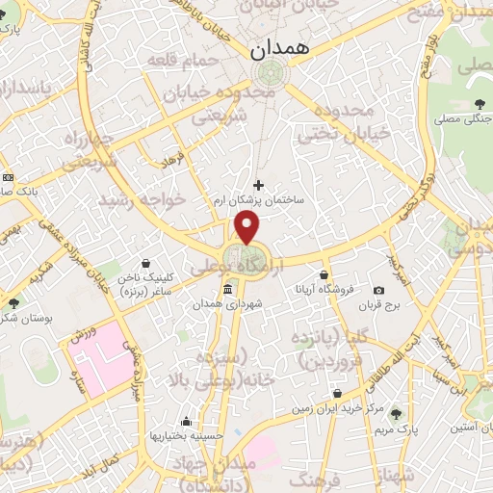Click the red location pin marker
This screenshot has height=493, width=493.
(x=247, y=227)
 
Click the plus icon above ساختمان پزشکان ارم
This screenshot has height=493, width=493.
(x=257, y=185)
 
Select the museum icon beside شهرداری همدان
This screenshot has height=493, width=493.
(x=227, y=290)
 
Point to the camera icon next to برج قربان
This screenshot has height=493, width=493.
(x=378, y=290)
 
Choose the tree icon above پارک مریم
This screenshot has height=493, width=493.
(x=395, y=413)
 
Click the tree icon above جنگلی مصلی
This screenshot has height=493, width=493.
(x=479, y=105)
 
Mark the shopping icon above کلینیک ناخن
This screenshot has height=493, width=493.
(x=144, y=262)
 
